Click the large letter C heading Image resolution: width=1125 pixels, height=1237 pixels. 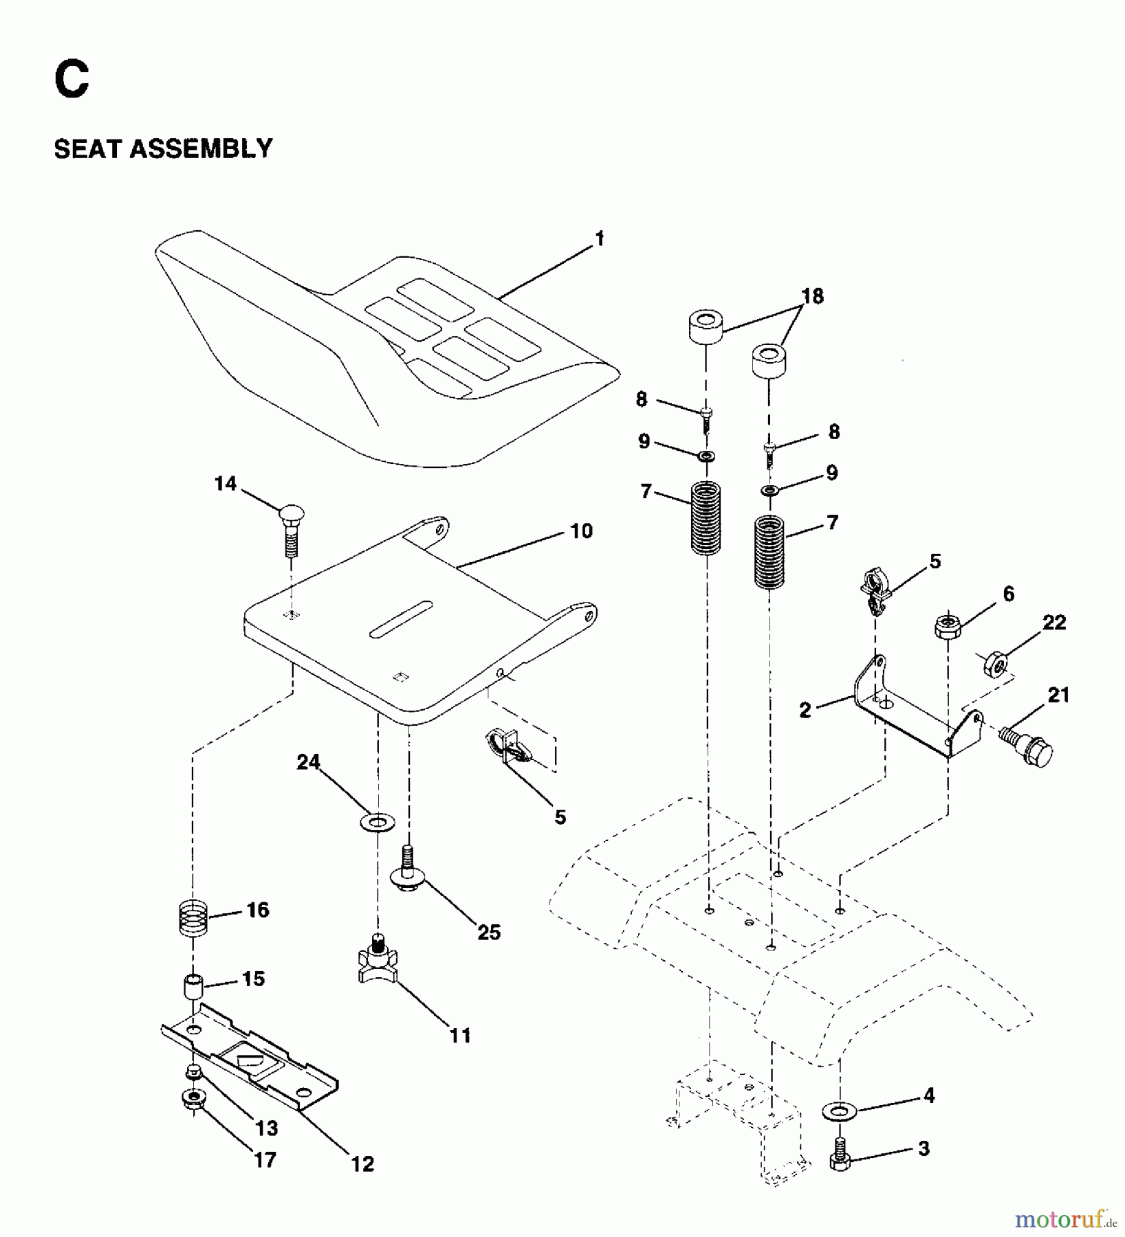click(72, 80)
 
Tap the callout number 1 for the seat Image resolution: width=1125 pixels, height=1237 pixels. click(599, 238)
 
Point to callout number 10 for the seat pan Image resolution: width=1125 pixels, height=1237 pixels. click(581, 531)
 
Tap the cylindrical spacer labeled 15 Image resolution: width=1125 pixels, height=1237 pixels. click(193, 988)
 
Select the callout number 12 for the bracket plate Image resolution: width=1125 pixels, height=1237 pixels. click(362, 1163)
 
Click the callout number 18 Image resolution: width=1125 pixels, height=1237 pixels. click(812, 296)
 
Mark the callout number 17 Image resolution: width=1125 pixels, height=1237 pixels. click(265, 1159)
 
